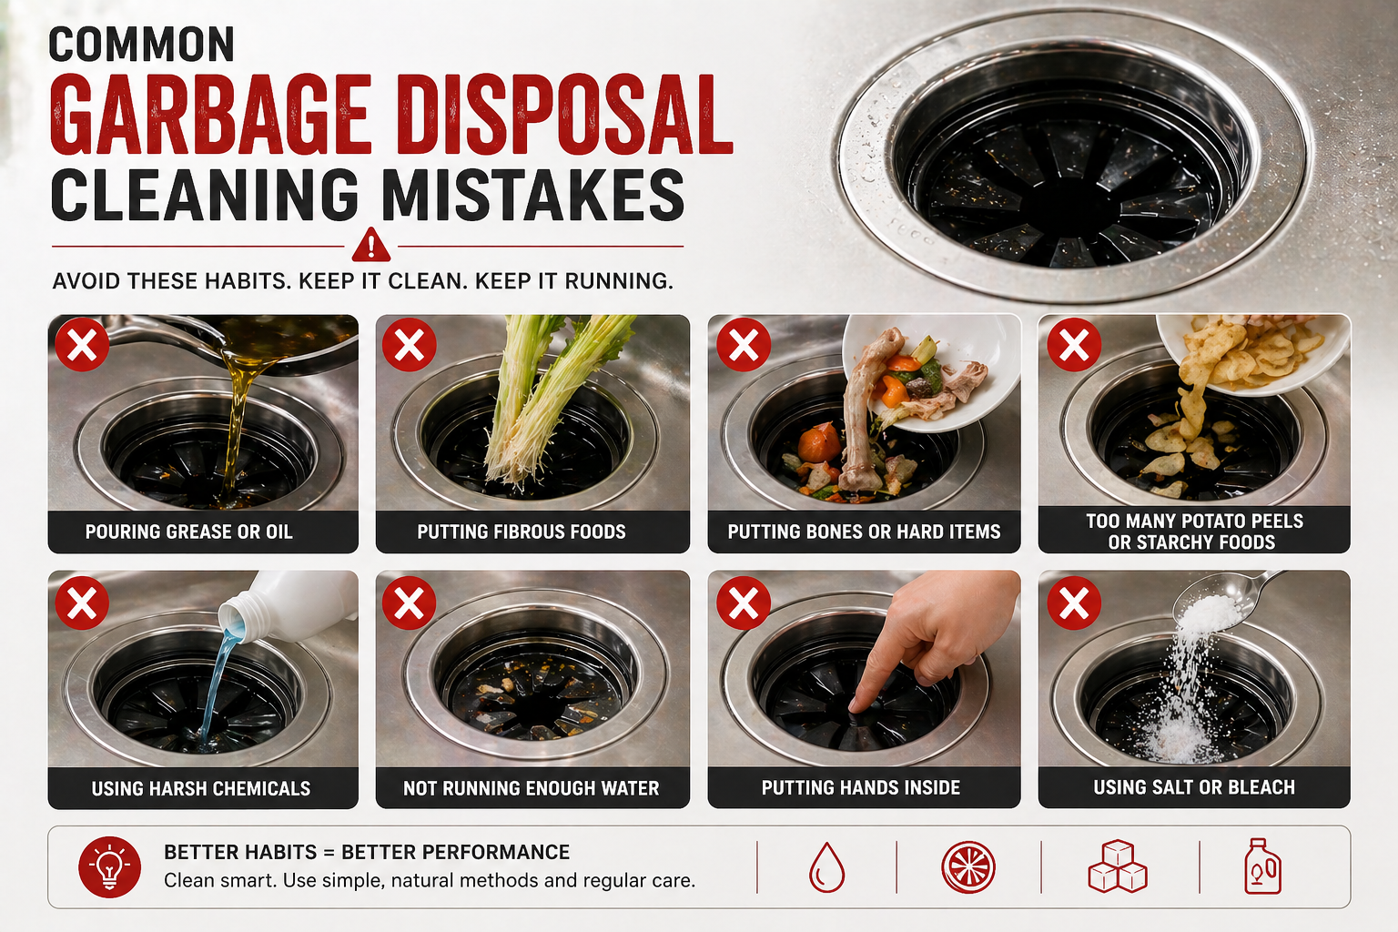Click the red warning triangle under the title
coord(370,245)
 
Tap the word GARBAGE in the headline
coord(212,117)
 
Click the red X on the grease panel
coord(83,345)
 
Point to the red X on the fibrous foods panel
coord(410,345)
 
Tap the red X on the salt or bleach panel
coord(1074,603)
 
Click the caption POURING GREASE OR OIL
coord(188,532)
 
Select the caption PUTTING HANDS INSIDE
coord(861,788)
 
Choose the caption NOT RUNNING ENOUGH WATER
coord(532,788)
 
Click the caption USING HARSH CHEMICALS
coord(200,788)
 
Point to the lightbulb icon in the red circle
coord(110,867)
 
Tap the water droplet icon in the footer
coord(826,867)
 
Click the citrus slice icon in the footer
coord(968,867)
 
